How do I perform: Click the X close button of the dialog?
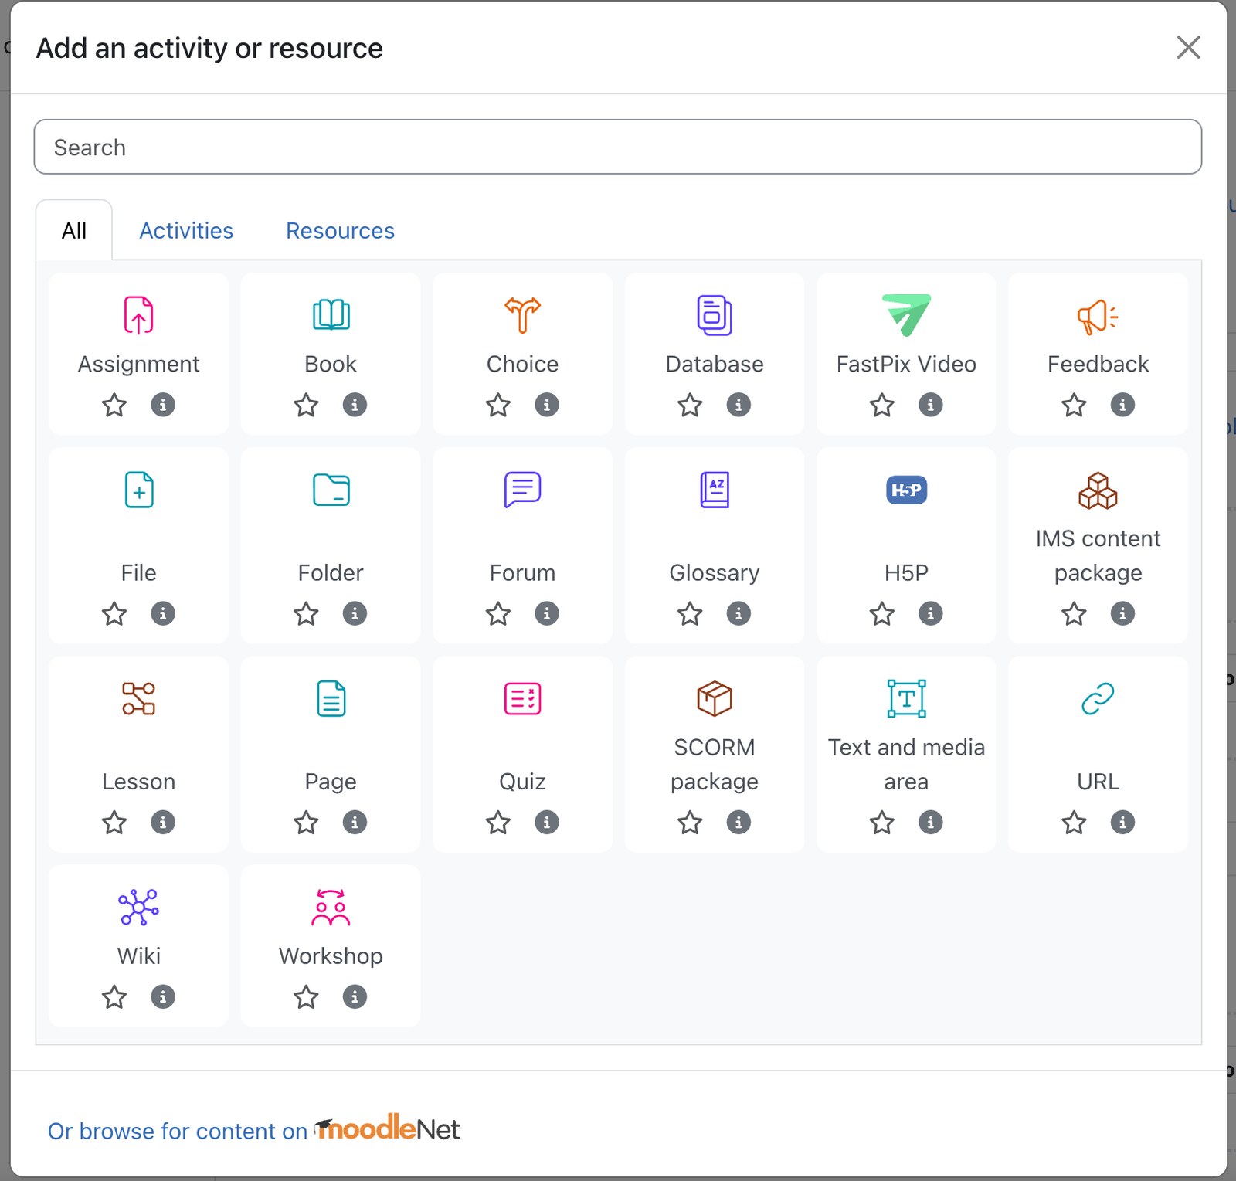[1188, 47]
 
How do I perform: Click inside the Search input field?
[618, 147]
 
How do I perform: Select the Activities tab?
[186, 231]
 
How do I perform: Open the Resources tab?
[340, 231]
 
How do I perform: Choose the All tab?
[74, 231]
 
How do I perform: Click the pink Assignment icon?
[139, 315]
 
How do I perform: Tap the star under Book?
[306, 405]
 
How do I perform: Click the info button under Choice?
[547, 405]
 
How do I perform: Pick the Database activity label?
[715, 364]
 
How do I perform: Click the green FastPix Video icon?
[906, 315]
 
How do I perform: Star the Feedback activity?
[1074, 405]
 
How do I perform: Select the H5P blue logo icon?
[906, 490]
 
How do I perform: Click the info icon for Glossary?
[739, 613]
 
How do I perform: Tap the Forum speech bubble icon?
[523, 490]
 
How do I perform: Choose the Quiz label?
[523, 782]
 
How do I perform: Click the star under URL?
[1074, 823]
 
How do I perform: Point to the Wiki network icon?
[139, 907]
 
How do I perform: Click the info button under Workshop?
[355, 997]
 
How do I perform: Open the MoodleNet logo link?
[387, 1128]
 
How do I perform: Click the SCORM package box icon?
[715, 698]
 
